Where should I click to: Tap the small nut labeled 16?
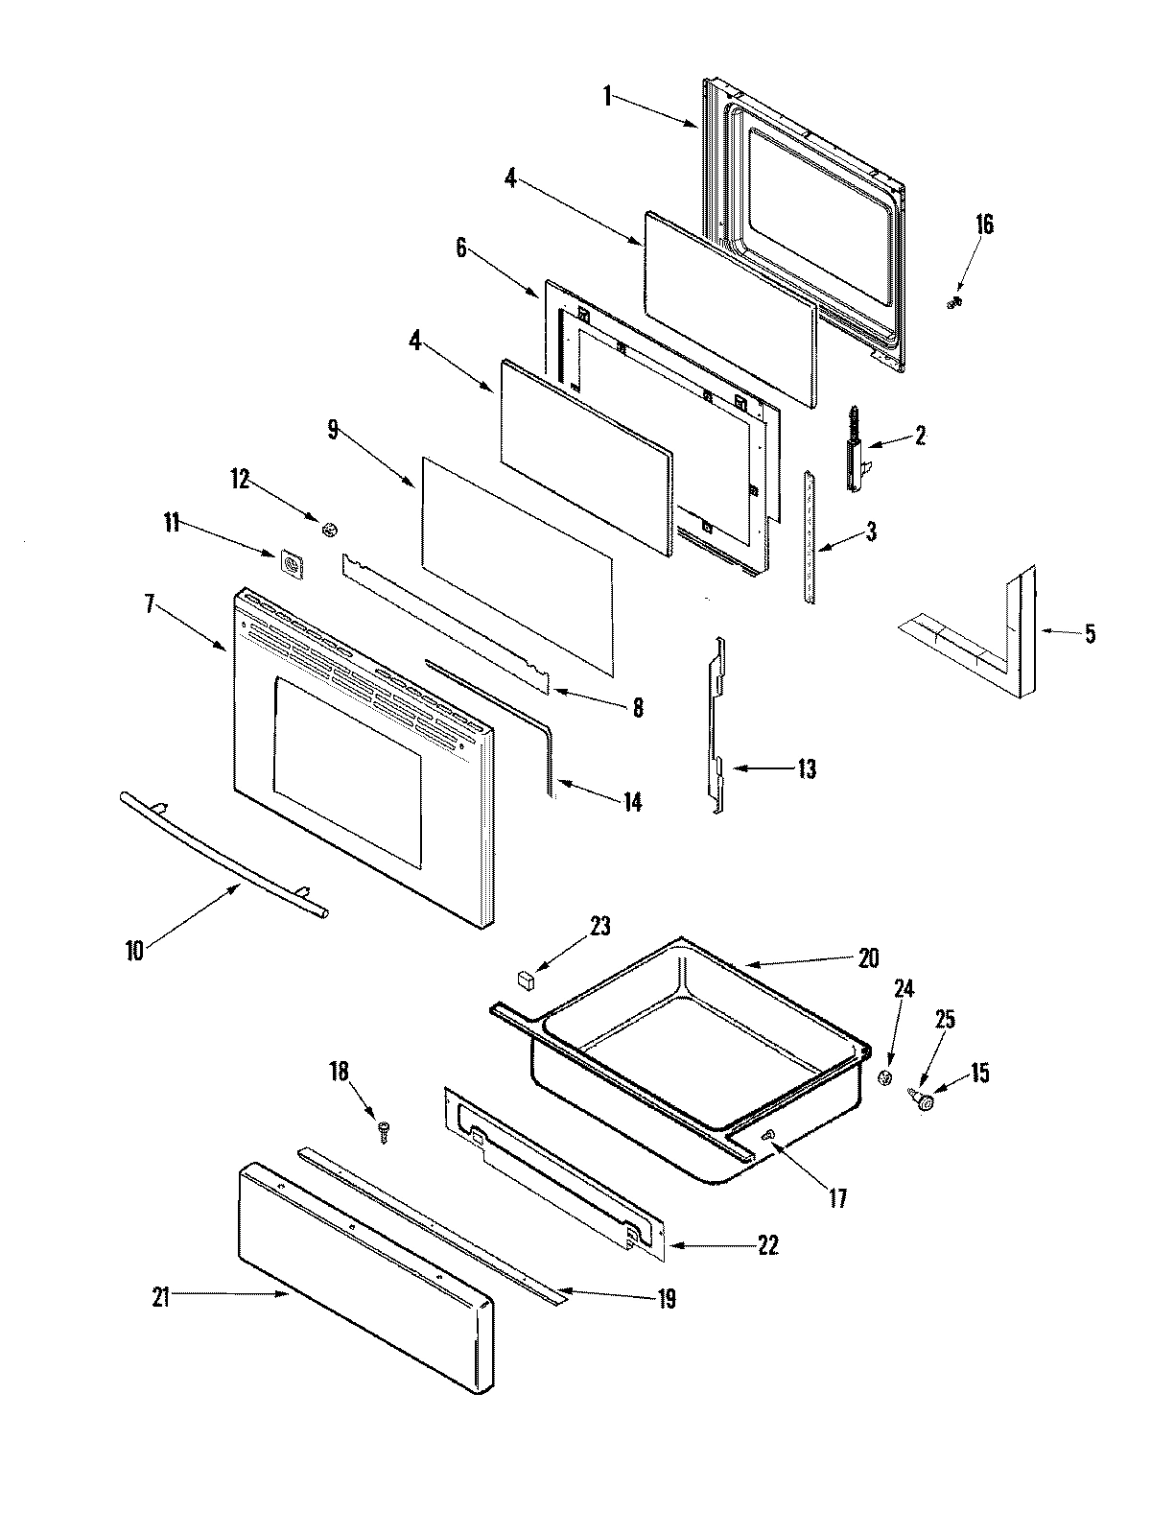[954, 303]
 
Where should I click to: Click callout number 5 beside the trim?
[1090, 634]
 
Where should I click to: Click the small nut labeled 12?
[330, 528]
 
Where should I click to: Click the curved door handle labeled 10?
[225, 856]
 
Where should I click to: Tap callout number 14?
[631, 802]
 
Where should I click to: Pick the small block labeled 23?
[527, 980]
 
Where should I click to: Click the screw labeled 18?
[385, 1131]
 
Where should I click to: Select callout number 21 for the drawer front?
[160, 1297]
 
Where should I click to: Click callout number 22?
[767, 1246]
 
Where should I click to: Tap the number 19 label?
[667, 1300]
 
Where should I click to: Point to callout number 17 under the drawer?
[837, 1198]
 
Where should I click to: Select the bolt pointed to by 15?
[925, 1104]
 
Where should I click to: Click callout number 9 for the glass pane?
[333, 431]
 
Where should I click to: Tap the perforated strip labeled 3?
[811, 537]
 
